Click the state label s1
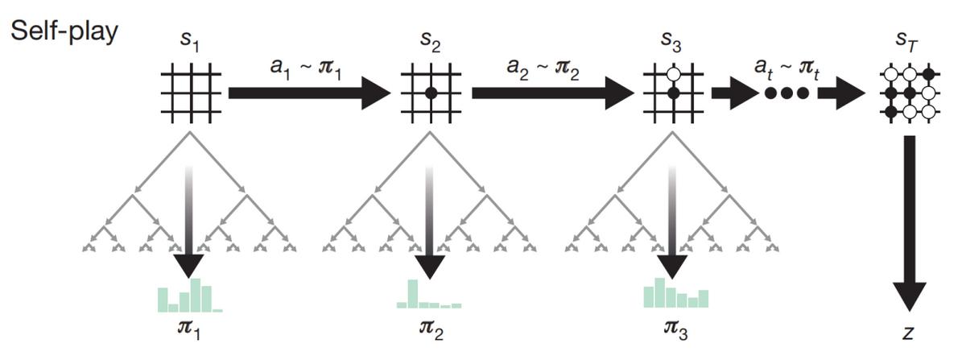189,40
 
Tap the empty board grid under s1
190,93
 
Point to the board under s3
673,93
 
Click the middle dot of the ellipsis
786,93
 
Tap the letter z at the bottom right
909,333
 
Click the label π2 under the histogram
430,330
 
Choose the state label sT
909,40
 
